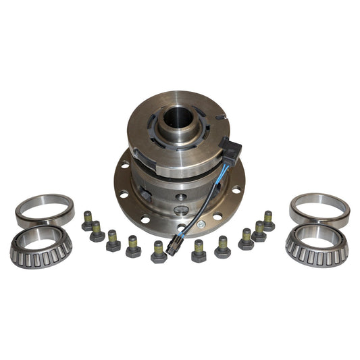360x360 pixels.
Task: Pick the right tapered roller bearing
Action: (x=317, y=245)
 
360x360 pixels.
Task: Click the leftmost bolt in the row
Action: (x=87, y=221)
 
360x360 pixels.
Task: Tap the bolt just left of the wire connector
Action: (x=159, y=252)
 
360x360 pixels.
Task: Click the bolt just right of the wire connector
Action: (x=199, y=251)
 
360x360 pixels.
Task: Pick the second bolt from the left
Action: (x=97, y=231)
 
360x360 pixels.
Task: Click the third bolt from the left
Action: (x=113, y=241)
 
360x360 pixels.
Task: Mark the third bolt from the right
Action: (x=246, y=240)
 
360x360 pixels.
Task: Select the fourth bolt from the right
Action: (x=222, y=248)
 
